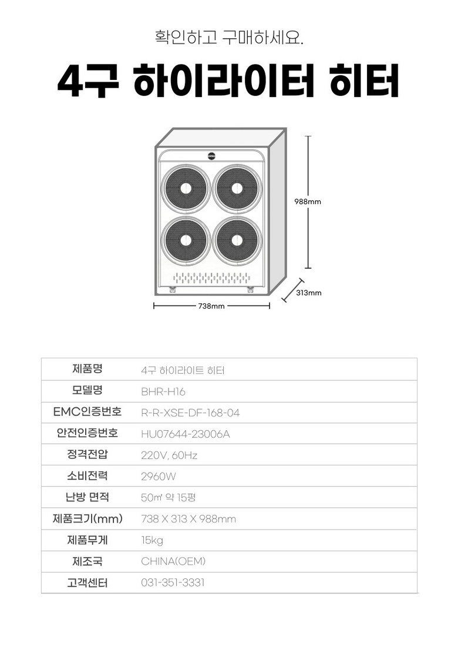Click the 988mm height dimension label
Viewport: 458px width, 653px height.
click(x=308, y=202)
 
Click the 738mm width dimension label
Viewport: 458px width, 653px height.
click(x=211, y=306)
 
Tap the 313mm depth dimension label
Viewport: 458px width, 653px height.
click(x=309, y=293)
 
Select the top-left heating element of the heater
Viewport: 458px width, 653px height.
click(x=186, y=189)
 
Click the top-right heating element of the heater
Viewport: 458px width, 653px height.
click(x=237, y=189)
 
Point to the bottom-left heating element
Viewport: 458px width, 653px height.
click(x=186, y=240)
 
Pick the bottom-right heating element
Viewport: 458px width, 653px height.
click(x=237, y=240)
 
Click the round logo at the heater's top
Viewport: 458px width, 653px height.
click(x=212, y=156)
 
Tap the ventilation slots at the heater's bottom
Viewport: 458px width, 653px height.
click(x=212, y=278)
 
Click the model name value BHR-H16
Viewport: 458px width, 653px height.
click(x=163, y=392)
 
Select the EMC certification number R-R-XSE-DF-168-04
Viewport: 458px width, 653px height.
click(x=190, y=413)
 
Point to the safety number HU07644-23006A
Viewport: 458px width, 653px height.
click(x=186, y=434)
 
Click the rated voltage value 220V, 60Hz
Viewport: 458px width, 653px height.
click(x=169, y=456)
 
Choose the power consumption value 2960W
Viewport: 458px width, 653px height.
click(x=159, y=477)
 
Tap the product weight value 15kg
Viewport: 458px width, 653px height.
click(x=152, y=541)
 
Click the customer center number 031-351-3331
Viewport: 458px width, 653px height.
click(x=173, y=582)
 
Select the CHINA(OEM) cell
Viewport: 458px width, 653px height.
click(x=173, y=561)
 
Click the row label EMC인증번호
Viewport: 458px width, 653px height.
click(x=87, y=412)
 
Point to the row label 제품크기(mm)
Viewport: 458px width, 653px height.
click(x=87, y=519)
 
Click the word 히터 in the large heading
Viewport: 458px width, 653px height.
click(x=365, y=81)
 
